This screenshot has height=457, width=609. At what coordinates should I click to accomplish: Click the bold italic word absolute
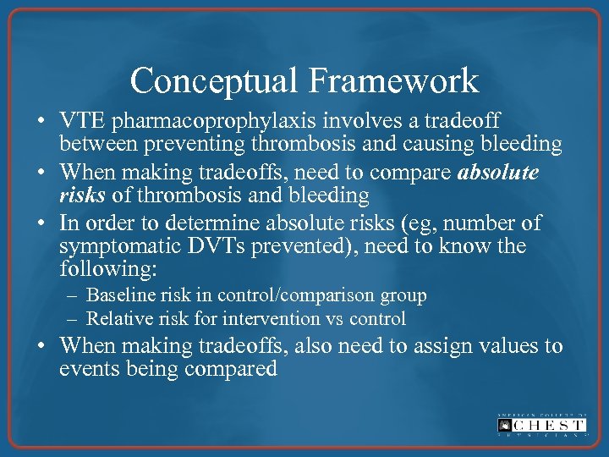[x=497, y=173]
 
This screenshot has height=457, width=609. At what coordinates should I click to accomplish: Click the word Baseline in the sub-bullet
[x=118, y=295]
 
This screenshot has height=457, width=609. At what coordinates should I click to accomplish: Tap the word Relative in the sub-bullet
[x=117, y=319]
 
